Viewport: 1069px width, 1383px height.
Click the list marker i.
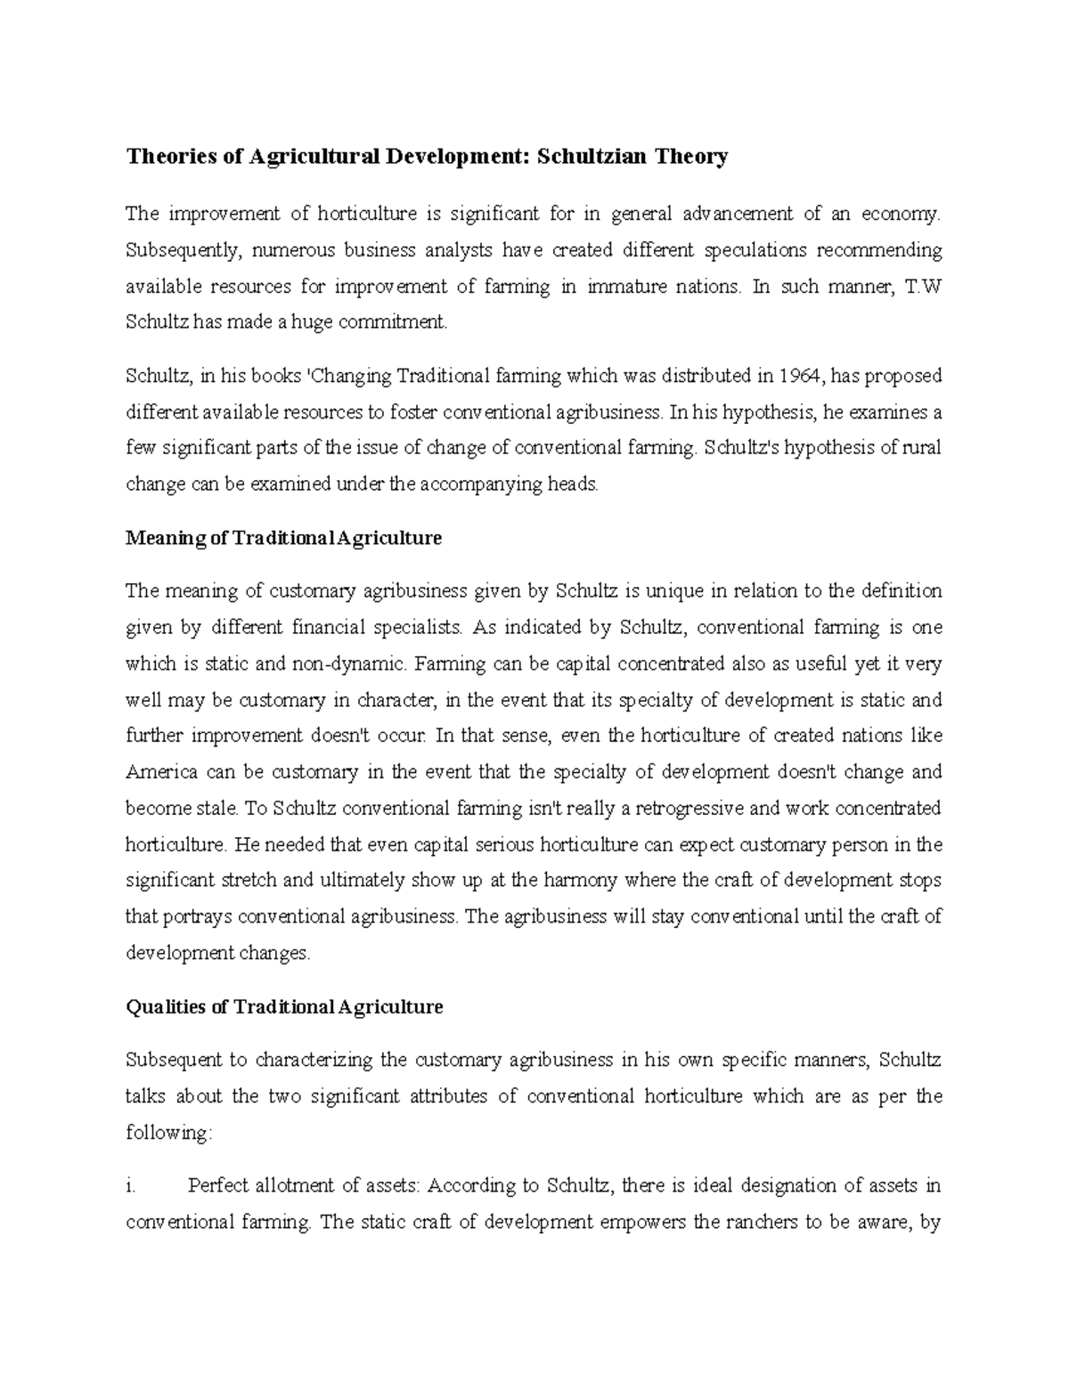point(130,1186)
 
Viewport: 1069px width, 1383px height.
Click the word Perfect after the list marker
point(218,1186)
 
